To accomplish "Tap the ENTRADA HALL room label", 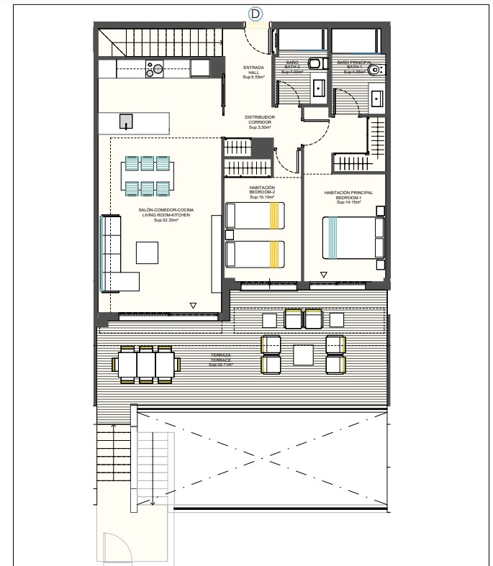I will point(253,70).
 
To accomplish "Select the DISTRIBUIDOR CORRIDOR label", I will point(258,122).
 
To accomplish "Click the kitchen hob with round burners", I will point(155,68).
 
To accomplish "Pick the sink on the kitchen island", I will point(126,122).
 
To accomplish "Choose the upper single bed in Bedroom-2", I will point(255,215).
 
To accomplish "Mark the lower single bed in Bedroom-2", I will point(255,254).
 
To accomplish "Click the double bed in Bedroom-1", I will point(353,237).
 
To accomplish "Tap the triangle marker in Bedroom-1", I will point(324,275).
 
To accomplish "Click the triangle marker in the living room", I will point(192,306).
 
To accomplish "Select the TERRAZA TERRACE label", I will point(221,358).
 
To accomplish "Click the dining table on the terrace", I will point(146,365).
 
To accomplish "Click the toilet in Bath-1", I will point(378,70).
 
